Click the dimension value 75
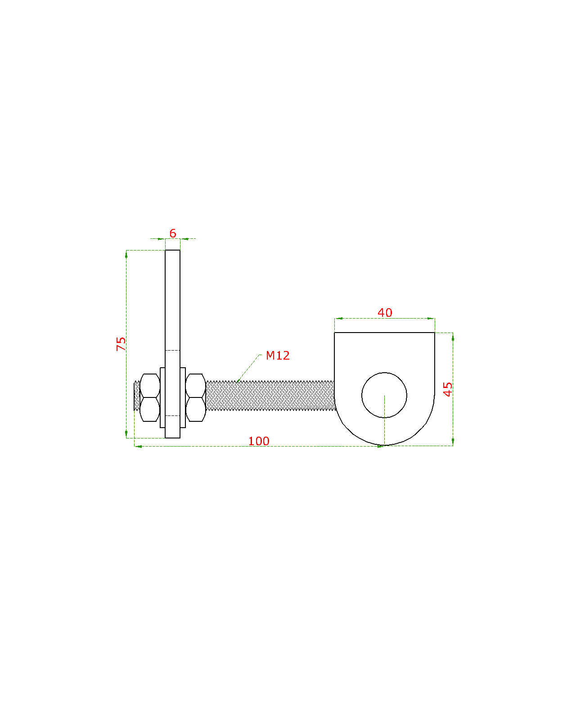point(121,344)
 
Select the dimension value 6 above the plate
point(173,233)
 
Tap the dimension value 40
point(385,313)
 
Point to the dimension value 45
point(447,389)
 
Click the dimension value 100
point(259,441)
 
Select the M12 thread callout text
point(278,356)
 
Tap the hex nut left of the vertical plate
point(149,397)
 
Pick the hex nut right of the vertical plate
point(195,397)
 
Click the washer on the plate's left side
point(162,397)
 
